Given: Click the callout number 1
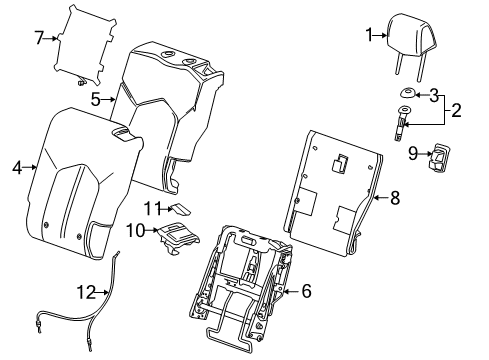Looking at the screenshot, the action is (369, 35).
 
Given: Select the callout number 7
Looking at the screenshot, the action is (39, 38).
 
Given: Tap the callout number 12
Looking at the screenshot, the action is (86, 292).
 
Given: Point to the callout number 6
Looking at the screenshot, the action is (306, 291).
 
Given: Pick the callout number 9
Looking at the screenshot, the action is (413, 154).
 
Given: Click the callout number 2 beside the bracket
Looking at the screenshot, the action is (456, 110).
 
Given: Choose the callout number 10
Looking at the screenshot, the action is (135, 230).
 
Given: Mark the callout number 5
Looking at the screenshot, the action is (96, 99).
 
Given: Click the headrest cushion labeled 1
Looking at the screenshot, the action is (412, 33).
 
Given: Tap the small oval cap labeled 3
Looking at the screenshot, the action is (407, 93).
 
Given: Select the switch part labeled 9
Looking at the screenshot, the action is (440, 157).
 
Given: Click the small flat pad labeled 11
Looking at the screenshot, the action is (181, 209).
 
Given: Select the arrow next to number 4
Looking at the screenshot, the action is (30, 167).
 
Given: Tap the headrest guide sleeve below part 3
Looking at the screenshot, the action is (402, 122).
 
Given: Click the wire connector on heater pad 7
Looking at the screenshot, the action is (80, 82).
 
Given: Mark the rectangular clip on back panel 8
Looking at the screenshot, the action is (339, 163).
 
